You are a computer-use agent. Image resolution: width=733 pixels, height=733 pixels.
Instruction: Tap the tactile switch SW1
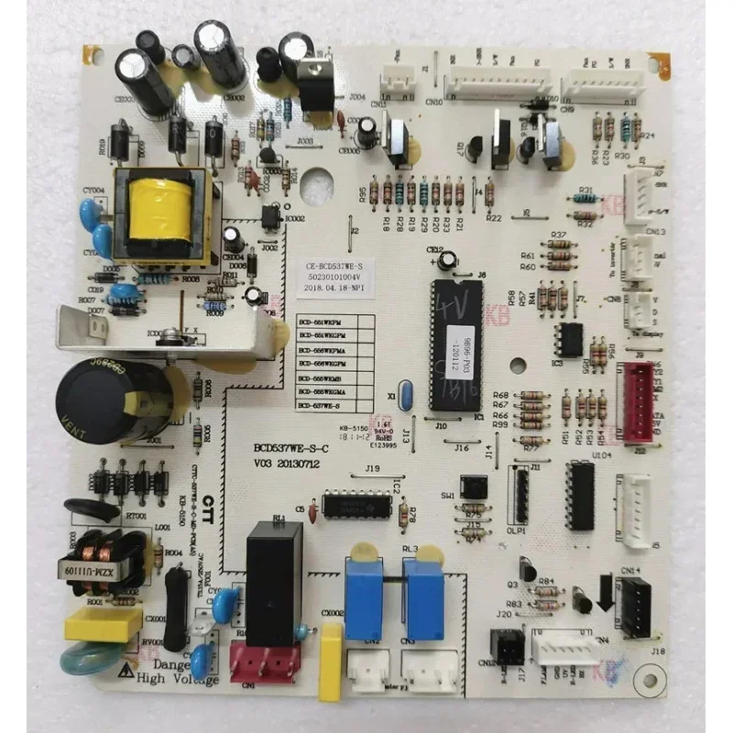[x=473, y=487]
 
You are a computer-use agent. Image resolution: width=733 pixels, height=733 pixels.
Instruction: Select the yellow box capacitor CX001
[x=103, y=625]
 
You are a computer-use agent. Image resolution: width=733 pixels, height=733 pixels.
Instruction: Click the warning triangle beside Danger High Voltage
[x=125, y=671]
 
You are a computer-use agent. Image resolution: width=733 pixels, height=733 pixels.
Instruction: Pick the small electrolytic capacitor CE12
[x=446, y=261]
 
